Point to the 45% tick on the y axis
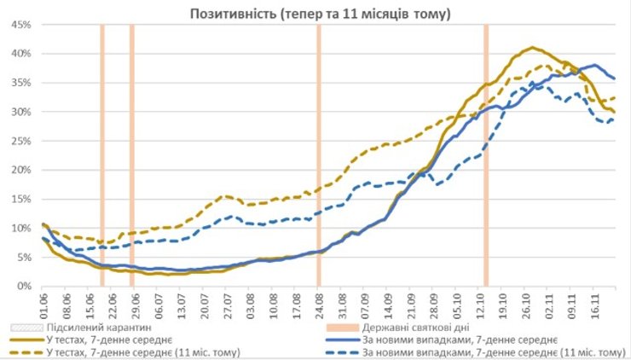pyautogui.click(x=20, y=25)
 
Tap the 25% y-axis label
pyautogui.click(x=20, y=141)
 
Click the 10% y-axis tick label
pyautogui.click(x=20, y=228)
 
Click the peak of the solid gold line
pyautogui.click(x=532, y=47)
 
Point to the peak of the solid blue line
pyautogui.click(x=594, y=65)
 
